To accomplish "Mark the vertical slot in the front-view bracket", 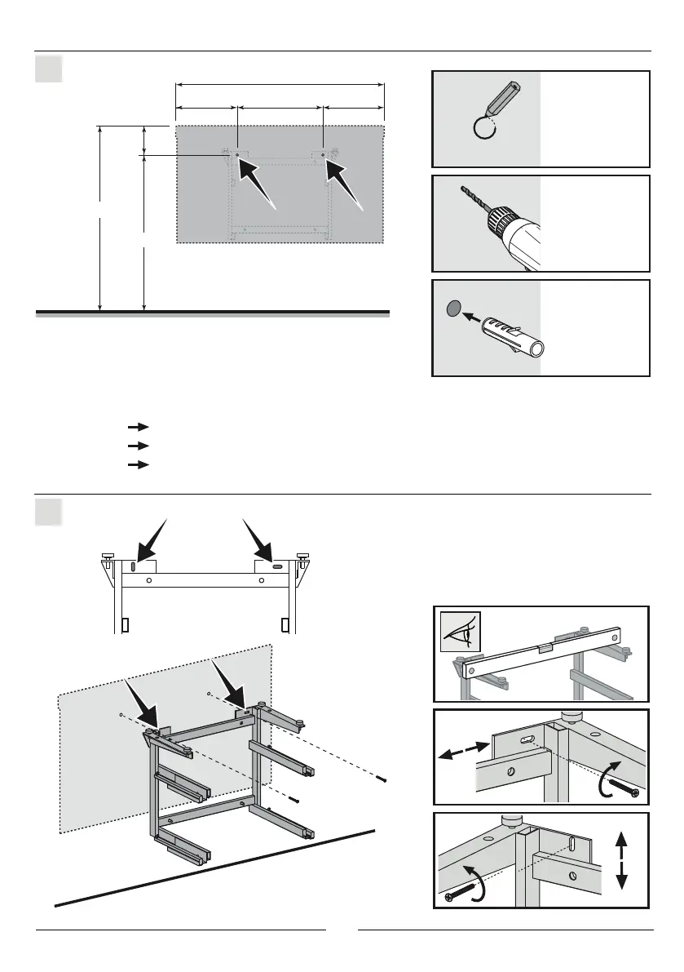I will [x=132, y=565].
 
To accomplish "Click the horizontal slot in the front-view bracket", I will [x=277, y=565].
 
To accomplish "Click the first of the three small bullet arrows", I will [x=139, y=426].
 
